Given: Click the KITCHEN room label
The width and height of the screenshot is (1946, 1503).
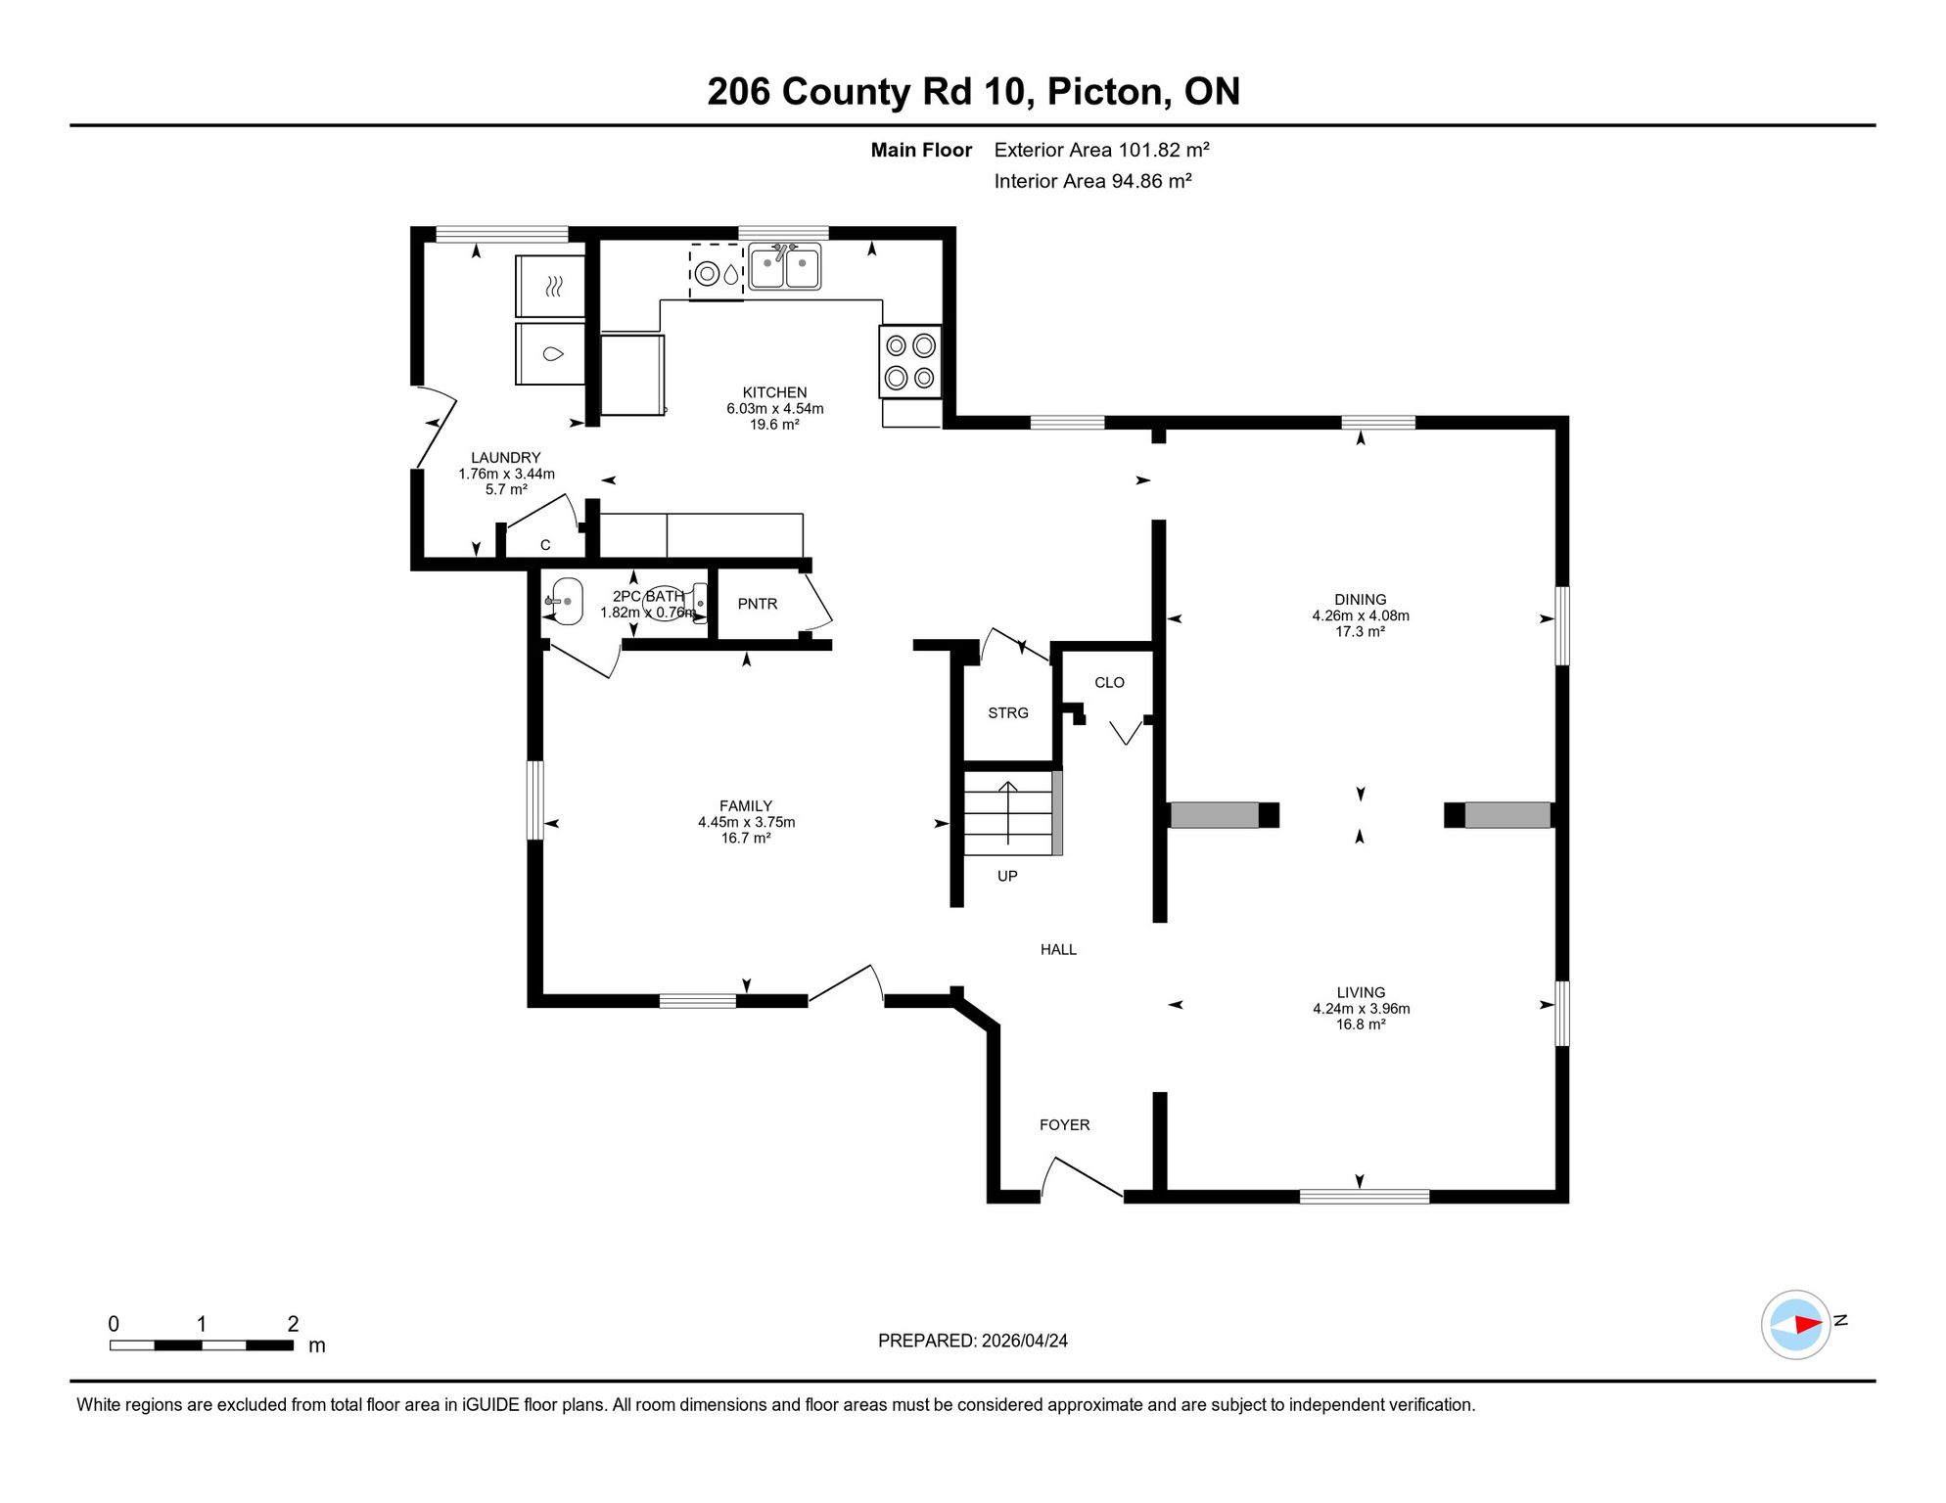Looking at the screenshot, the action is pos(774,392).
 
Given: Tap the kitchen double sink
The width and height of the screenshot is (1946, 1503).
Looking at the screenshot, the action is pos(784,267).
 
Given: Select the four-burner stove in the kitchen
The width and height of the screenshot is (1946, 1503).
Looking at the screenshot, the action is pos(910,361).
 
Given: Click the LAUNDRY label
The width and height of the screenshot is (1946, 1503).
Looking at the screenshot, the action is pos(505,457).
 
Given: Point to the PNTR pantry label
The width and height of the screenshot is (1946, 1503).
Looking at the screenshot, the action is pos(758,604).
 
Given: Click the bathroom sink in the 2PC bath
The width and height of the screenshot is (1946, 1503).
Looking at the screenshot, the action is pos(564,601).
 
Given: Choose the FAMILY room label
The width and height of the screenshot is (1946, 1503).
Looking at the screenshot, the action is pos(746,806).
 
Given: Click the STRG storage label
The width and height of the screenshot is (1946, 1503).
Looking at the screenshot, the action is pos(1008,712).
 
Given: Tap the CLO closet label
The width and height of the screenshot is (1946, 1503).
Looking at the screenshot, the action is pos(1109,682).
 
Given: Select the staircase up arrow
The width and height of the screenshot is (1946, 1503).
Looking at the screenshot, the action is pos(1008,812).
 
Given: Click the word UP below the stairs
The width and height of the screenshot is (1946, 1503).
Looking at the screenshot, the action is pos(1007,876).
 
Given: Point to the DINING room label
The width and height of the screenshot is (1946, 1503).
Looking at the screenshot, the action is pos(1361,599).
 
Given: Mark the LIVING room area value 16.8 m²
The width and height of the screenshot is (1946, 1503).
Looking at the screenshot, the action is pos(1361,1025).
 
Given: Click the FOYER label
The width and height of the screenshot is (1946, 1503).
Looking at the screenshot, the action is pos(1064,1125).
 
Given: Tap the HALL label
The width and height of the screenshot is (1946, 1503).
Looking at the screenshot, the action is pos(1058,949).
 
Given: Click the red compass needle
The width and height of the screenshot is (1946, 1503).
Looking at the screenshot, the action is pos(1808,1325).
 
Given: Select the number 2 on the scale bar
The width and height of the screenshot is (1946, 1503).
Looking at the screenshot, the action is pos(293,1324).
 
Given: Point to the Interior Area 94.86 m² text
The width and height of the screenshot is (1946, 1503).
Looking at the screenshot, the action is pos(1092,181).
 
